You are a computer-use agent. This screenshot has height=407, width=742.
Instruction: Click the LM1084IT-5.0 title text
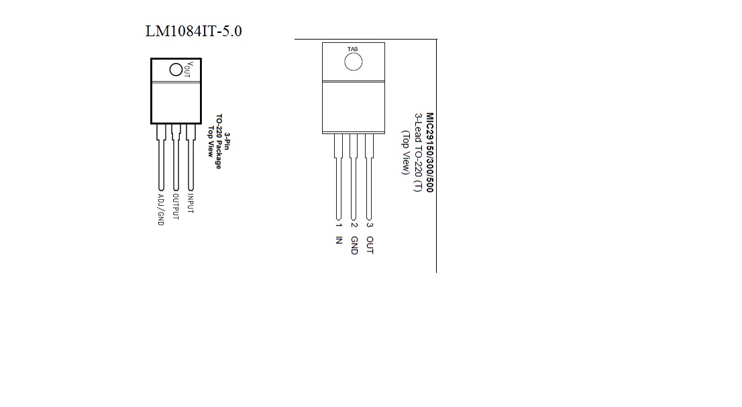tap(193, 31)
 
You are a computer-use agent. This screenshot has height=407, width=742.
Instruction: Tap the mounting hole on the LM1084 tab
tap(176, 69)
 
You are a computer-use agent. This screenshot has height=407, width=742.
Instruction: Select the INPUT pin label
tap(191, 204)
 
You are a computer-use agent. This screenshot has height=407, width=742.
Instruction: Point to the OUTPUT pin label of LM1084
tap(176, 207)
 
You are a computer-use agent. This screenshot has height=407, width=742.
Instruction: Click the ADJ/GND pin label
tap(160, 209)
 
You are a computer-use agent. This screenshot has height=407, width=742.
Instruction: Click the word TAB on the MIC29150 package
tap(353, 50)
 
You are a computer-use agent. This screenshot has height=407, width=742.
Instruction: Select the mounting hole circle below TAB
tap(353, 62)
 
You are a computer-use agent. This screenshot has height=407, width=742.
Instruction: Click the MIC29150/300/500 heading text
tap(429, 152)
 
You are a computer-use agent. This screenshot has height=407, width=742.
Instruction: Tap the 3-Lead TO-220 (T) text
tap(418, 152)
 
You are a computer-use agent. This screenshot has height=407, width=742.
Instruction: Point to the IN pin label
tap(339, 240)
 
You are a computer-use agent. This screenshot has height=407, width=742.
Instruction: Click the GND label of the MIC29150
tap(354, 245)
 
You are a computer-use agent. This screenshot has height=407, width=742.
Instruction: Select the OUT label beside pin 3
tap(370, 245)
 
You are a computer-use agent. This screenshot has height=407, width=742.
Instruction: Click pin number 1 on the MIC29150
tap(339, 225)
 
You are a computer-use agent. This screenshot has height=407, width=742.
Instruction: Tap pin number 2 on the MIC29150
tap(354, 225)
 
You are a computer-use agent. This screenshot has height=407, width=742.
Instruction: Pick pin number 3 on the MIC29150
tap(370, 225)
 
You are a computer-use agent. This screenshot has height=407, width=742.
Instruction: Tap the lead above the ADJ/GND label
tap(160, 164)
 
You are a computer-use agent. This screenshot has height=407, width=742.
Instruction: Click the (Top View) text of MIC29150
tap(405, 152)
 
